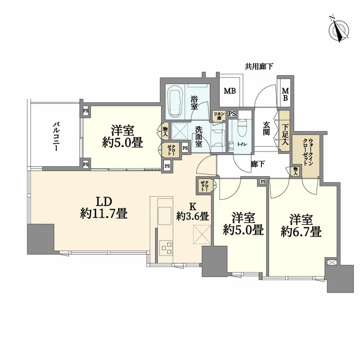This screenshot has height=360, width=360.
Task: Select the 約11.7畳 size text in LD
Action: [103, 214]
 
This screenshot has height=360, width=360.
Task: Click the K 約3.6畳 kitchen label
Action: [192, 211]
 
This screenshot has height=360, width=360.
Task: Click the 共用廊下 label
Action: [259, 67]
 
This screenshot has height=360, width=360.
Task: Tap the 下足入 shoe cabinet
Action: [284, 132]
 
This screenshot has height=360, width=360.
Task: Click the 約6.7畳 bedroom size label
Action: [301, 232]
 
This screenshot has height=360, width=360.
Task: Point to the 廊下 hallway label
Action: [257, 165]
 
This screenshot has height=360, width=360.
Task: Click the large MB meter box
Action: [230, 92]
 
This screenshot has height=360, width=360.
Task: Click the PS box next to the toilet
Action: [232, 114]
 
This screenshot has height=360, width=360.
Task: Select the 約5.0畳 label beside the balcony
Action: [121, 144]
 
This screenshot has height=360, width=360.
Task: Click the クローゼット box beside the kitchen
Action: [204, 185]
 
